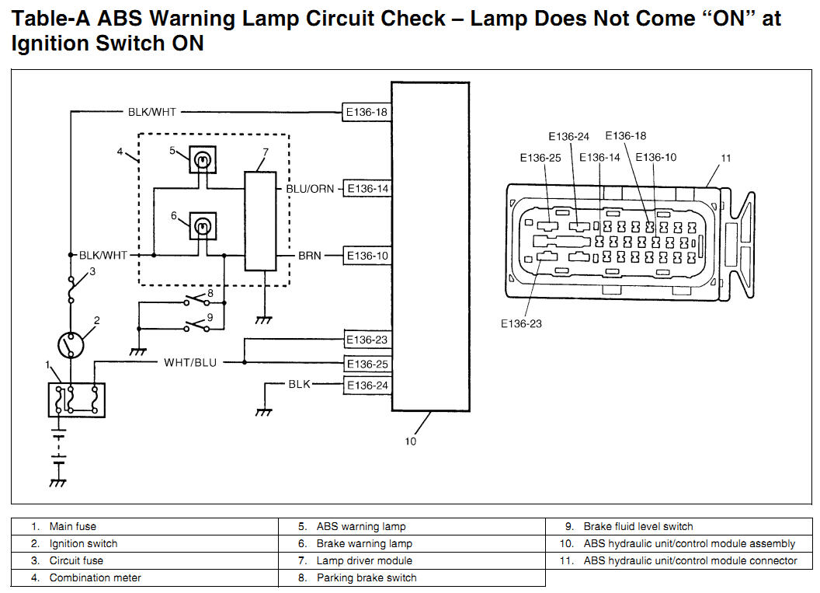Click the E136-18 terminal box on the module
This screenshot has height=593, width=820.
click(x=367, y=112)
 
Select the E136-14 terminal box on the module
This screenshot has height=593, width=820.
click(x=367, y=189)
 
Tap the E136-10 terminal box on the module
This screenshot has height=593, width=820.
click(x=367, y=256)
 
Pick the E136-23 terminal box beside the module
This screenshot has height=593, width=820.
click(x=367, y=340)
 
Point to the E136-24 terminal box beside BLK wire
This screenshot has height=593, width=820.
click(x=367, y=385)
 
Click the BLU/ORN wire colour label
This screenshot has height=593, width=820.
click(x=310, y=189)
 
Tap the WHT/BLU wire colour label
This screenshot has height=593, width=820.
click(x=190, y=363)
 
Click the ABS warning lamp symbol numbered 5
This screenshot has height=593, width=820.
click(x=203, y=161)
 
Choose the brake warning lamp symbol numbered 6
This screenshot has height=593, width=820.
click(x=203, y=227)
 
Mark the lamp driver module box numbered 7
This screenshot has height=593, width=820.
click(x=261, y=222)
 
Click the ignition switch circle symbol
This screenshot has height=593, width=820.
click(x=71, y=343)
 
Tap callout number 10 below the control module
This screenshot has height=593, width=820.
click(x=411, y=441)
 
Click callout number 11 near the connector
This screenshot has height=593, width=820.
click(x=725, y=159)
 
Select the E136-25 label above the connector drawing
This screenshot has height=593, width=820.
click(x=540, y=159)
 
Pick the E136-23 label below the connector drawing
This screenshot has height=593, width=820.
click(x=521, y=323)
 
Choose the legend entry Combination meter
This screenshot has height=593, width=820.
click(x=95, y=578)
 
